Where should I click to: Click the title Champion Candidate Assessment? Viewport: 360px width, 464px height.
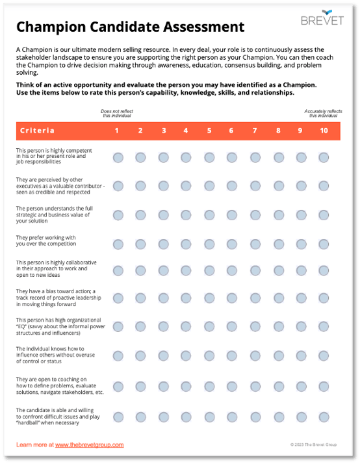tap(130, 27)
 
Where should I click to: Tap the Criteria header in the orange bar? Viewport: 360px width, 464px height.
tap(38, 131)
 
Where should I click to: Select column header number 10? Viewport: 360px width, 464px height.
tap(324, 131)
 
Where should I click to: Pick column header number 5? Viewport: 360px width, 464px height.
tap(209, 131)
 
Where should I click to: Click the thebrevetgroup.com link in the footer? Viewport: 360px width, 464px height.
tap(89, 445)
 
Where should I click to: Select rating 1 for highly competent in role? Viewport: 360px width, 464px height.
tap(118, 157)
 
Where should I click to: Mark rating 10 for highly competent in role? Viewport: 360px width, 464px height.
tap(324, 157)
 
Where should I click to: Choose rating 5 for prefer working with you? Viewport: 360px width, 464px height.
tap(209, 244)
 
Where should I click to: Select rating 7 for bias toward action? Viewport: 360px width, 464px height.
tap(255, 298)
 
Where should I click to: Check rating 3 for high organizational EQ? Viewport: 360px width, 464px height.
tap(163, 327)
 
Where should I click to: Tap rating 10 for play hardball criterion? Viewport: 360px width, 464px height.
tap(324, 417)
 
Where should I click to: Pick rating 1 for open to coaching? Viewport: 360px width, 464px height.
tap(118, 387)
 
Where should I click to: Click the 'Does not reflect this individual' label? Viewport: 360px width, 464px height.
tap(117, 113)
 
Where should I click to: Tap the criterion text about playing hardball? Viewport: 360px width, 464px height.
tap(51, 416)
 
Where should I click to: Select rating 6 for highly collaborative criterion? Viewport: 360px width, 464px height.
tap(232, 268)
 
